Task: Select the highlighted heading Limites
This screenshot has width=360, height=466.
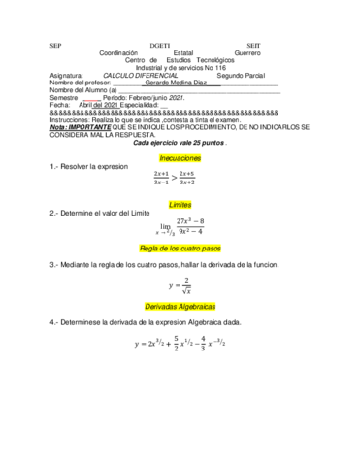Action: pos(180,206)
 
